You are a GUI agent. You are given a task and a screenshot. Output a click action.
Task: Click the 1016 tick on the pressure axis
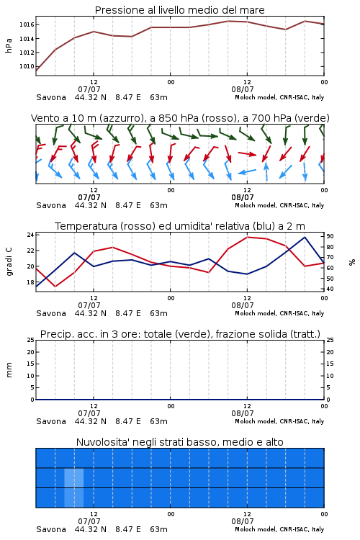(x=27, y=24)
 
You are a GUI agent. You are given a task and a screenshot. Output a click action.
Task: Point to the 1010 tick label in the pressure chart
(x=27, y=66)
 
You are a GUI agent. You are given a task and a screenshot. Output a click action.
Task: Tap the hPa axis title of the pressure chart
(x=9, y=45)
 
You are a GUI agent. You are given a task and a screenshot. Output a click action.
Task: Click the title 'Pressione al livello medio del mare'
(x=180, y=10)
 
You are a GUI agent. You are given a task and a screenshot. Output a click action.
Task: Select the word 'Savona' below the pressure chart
(x=51, y=97)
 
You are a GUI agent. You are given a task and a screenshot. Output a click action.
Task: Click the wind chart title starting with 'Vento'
(x=180, y=118)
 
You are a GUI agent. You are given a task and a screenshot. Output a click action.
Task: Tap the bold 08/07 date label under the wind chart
(x=243, y=197)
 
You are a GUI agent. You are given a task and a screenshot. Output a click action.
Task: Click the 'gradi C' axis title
(x=9, y=262)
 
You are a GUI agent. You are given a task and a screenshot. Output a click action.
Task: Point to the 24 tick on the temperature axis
(x=30, y=235)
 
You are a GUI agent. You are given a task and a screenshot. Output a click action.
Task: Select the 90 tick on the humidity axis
(x=330, y=236)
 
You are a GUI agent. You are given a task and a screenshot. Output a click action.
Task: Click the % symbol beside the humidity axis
(x=352, y=262)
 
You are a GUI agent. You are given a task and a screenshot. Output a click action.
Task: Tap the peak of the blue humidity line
(x=305, y=237)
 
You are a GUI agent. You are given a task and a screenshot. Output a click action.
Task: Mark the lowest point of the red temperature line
(x=55, y=287)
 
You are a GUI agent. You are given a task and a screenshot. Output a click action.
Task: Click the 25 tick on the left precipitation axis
(x=30, y=340)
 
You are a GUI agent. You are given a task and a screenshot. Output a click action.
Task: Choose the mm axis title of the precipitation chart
(x=9, y=370)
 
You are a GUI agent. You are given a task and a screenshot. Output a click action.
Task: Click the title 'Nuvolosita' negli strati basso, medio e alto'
(x=180, y=442)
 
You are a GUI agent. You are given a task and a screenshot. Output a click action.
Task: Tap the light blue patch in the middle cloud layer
(x=73, y=477)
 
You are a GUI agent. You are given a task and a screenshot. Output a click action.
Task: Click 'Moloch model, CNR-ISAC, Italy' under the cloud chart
(x=279, y=529)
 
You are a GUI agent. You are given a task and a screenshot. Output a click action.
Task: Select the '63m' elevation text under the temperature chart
(x=159, y=313)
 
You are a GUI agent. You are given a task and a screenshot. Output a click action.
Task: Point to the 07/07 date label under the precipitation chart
(x=89, y=413)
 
